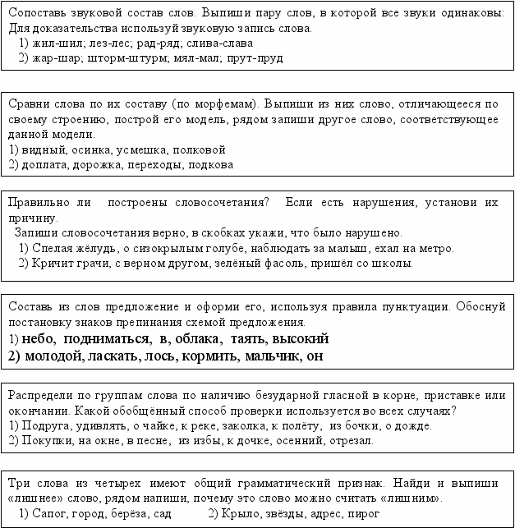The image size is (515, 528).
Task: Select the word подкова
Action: tap(209, 164)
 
